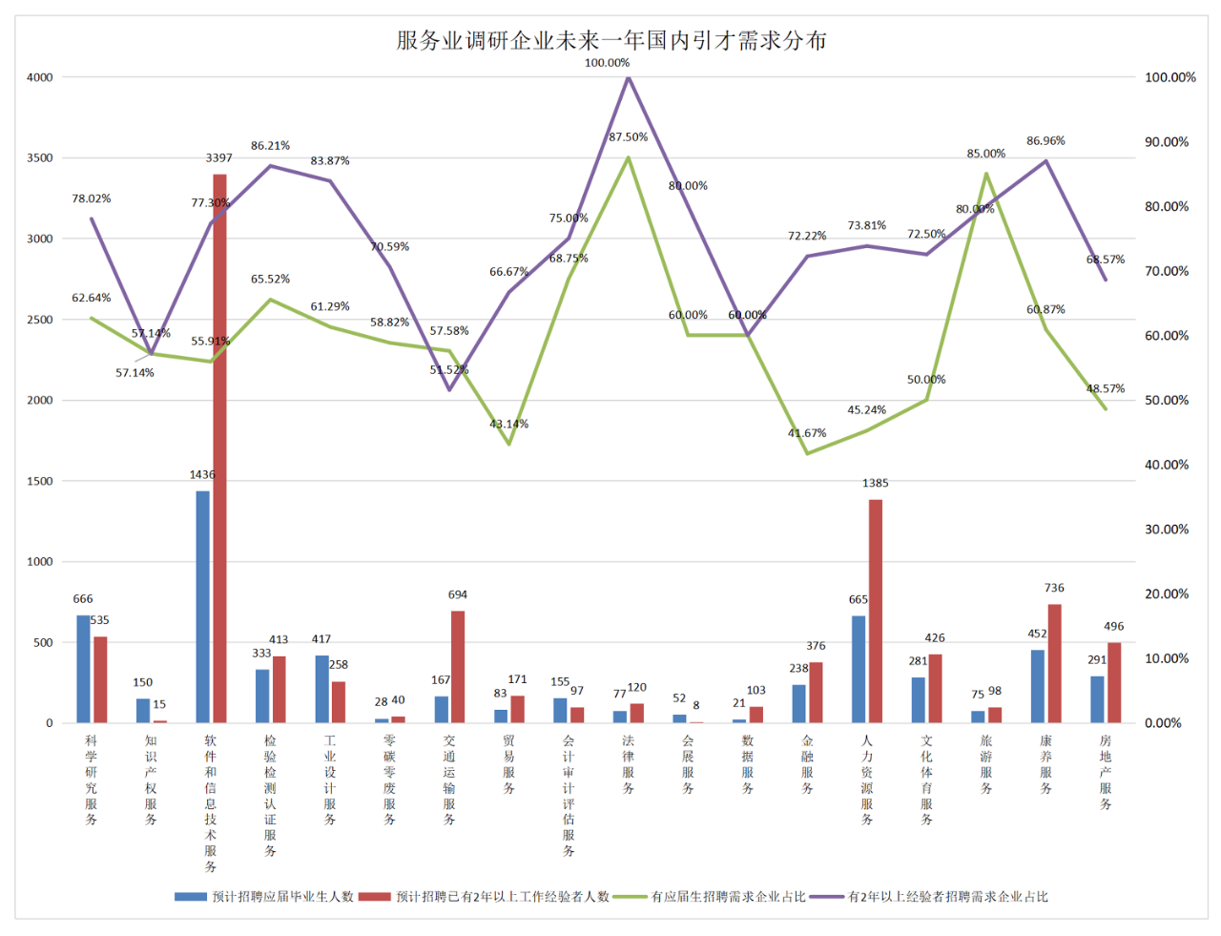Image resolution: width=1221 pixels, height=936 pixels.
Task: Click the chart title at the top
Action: coord(610,40)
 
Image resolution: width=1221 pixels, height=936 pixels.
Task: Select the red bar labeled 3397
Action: coord(219,448)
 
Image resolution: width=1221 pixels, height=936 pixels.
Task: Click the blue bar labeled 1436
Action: coord(203,607)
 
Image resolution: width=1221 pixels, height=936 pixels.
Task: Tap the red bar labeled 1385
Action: coord(876,611)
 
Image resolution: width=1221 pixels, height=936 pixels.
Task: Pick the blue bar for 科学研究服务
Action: coord(84,669)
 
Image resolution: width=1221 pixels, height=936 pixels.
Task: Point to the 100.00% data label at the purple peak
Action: coord(607,63)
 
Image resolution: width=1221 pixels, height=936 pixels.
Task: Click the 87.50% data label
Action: coord(628,137)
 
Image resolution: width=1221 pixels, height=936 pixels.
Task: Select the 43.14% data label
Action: coord(508,424)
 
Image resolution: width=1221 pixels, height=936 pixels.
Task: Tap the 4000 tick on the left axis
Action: coord(40,77)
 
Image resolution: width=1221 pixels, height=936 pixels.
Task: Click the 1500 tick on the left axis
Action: coord(40,481)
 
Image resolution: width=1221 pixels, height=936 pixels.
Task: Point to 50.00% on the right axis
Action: coord(1167,401)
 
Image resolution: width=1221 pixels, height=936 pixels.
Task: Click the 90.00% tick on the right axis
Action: coord(1167,142)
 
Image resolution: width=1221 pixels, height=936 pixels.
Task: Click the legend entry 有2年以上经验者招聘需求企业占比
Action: coord(947,897)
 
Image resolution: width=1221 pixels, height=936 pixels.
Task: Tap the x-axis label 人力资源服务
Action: coord(867,780)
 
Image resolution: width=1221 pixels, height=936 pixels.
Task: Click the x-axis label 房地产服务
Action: coord(1106,772)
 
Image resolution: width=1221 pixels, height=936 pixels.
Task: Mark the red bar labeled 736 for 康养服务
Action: coord(1054,663)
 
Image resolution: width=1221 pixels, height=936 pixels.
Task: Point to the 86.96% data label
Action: coord(1045,141)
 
